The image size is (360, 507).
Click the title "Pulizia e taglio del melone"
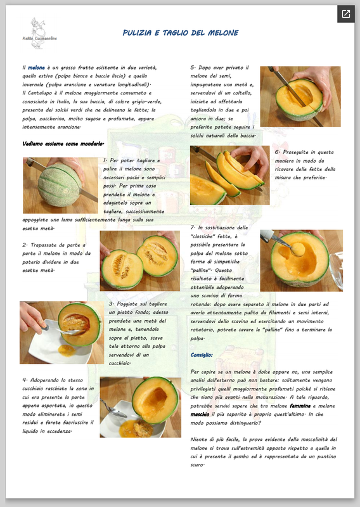click(x=181, y=33)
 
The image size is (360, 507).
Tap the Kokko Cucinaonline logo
click(x=39, y=34)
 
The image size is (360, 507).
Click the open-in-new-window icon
click(x=346, y=14)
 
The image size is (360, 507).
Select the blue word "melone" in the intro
click(x=36, y=68)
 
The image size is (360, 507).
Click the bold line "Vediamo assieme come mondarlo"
click(x=63, y=144)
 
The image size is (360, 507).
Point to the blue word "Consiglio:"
click(x=202, y=355)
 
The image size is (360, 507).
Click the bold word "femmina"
click(x=300, y=406)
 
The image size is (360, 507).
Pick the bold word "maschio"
click(x=200, y=414)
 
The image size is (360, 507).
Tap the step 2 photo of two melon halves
click(x=139, y=260)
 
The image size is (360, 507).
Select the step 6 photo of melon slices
click(x=229, y=175)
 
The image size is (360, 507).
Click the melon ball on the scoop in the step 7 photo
click(x=298, y=249)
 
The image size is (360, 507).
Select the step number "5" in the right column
click(x=193, y=68)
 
